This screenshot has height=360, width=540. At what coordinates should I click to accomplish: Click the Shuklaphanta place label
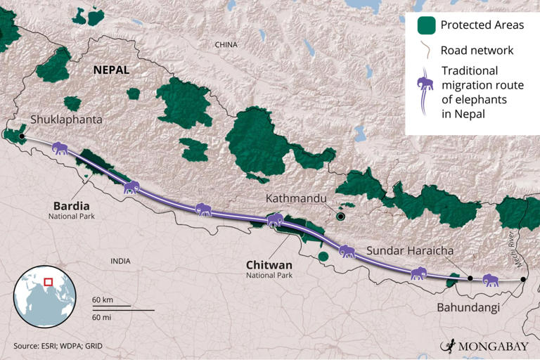(66, 120)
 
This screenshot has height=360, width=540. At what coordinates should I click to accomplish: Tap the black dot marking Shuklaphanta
(22, 136)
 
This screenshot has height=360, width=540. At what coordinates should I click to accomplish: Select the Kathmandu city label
(296, 199)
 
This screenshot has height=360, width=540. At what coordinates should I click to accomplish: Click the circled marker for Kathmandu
(341, 217)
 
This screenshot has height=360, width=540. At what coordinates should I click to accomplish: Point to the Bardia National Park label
(71, 210)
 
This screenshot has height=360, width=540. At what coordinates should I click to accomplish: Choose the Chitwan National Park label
(269, 269)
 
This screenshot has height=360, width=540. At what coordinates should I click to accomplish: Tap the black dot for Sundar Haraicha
(470, 278)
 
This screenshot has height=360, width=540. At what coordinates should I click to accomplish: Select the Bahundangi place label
(468, 307)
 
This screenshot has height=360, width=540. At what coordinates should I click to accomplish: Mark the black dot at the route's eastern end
(523, 280)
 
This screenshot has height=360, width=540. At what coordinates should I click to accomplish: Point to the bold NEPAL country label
(111, 70)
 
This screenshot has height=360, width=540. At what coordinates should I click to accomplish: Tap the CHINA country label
(226, 44)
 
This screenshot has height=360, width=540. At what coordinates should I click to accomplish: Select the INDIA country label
(120, 261)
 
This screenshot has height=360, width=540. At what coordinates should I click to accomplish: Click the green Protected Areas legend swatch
(425, 26)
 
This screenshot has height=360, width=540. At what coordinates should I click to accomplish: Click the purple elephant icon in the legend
(425, 91)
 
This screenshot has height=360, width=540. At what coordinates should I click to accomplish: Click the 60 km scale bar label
(103, 300)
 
